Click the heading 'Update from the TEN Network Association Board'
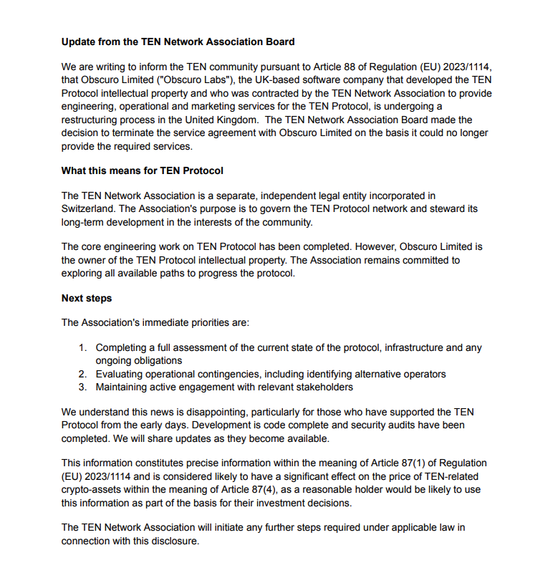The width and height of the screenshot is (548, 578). point(178,42)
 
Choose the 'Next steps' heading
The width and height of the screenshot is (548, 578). point(87,298)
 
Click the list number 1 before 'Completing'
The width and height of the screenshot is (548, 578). point(82,347)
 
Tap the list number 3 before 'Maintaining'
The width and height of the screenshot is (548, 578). point(82,387)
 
